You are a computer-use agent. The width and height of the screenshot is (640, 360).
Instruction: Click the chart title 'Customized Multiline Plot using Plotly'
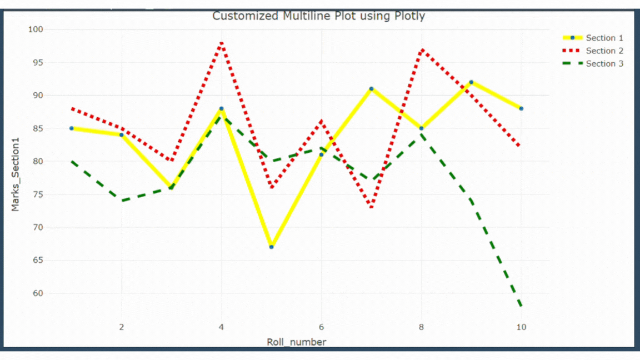click(318, 16)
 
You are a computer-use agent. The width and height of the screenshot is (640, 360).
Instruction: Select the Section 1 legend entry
click(604, 38)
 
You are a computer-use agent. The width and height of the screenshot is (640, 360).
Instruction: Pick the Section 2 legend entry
click(604, 51)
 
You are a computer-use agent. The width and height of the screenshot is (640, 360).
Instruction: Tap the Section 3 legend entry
click(604, 63)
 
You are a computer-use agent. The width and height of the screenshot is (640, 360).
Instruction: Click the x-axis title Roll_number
click(296, 342)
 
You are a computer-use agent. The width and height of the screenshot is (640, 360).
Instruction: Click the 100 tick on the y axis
click(38, 29)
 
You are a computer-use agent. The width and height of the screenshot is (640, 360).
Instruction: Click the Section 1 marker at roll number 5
click(271, 247)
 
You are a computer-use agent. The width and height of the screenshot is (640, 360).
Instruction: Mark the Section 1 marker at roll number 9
click(471, 82)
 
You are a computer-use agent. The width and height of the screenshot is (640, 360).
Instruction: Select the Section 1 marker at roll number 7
click(371, 89)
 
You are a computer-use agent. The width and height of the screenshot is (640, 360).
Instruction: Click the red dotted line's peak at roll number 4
click(221, 43)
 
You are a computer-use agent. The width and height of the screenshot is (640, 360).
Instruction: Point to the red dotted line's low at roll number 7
click(371, 207)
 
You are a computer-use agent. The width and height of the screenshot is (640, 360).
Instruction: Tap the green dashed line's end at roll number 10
click(521, 306)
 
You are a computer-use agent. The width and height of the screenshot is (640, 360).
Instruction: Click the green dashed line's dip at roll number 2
click(121, 201)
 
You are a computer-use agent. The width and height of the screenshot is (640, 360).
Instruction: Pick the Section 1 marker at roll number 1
click(72, 128)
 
